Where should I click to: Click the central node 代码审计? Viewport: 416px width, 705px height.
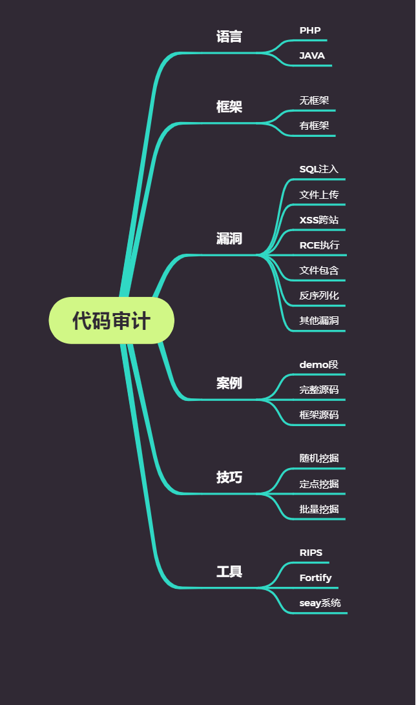pyautogui.click(x=111, y=321)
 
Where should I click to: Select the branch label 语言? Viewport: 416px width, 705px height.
pyautogui.click(x=229, y=37)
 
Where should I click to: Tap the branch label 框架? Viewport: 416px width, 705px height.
pyautogui.click(x=229, y=107)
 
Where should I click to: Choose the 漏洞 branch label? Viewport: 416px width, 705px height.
pyautogui.click(x=229, y=239)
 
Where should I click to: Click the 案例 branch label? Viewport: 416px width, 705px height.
pyautogui.click(x=229, y=383)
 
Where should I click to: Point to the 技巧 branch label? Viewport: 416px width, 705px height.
pyautogui.click(x=229, y=478)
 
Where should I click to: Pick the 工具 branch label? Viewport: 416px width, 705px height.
pyautogui.click(x=229, y=572)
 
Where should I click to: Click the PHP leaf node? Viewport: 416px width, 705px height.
pyautogui.click(x=310, y=30)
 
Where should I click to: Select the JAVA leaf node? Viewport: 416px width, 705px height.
pyautogui.click(x=312, y=56)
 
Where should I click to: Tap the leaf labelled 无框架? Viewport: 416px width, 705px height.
pyautogui.click(x=314, y=101)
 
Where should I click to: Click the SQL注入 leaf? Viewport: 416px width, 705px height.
pyautogui.click(x=319, y=169)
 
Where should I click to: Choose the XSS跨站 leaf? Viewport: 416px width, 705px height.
pyautogui.click(x=319, y=220)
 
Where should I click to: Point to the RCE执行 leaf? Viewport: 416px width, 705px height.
pyautogui.click(x=319, y=245)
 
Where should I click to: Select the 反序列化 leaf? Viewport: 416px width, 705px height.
pyautogui.click(x=319, y=296)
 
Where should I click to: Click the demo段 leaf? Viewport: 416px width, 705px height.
pyautogui.click(x=319, y=365)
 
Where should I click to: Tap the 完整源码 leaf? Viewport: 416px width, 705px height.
pyautogui.click(x=319, y=390)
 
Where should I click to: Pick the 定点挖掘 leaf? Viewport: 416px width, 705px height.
pyautogui.click(x=319, y=484)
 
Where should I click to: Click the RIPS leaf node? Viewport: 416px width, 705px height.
pyautogui.click(x=311, y=553)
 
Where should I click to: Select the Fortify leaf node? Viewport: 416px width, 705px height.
pyautogui.click(x=315, y=578)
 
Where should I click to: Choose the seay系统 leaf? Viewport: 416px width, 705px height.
pyautogui.click(x=320, y=603)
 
